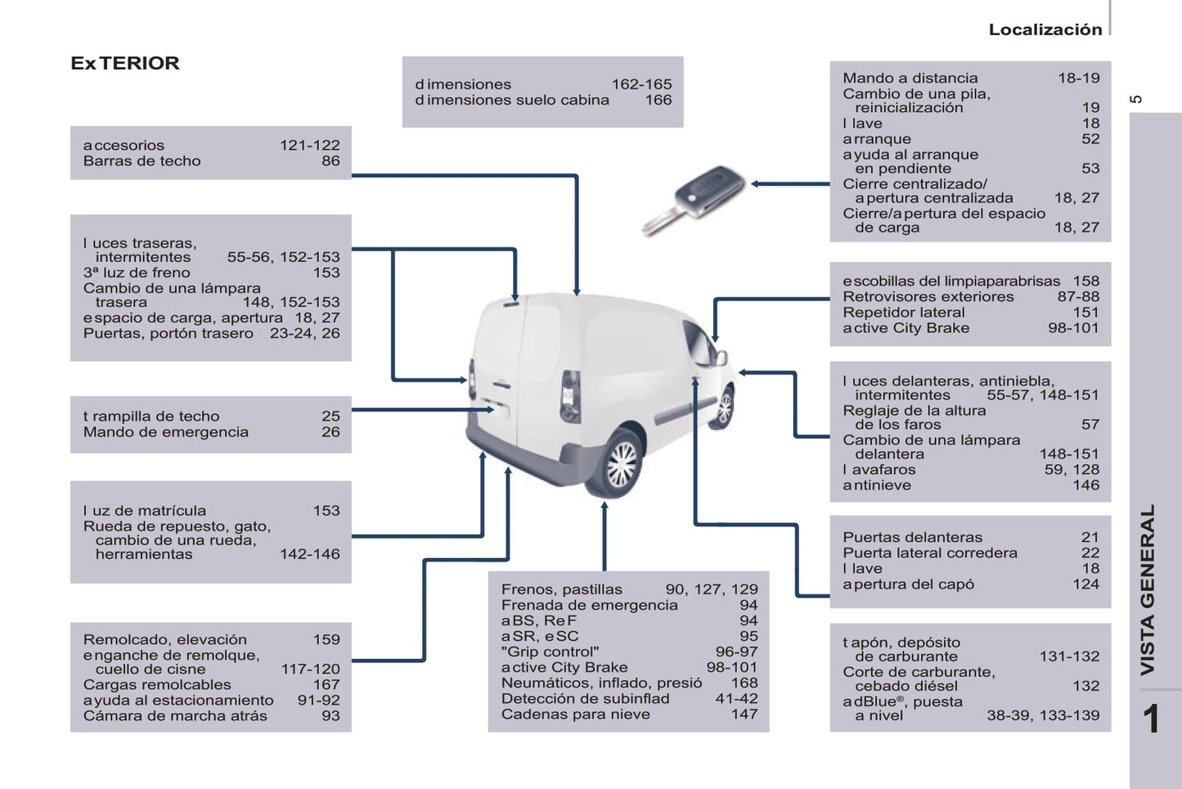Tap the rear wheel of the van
(x=621, y=464)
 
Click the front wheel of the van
(x=723, y=407)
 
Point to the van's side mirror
(x=721, y=356)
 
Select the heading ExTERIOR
(x=125, y=63)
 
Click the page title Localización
(x=1045, y=29)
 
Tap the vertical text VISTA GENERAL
(x=1148, y=589)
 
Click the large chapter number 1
(x=1150, y=719)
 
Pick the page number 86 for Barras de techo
(x=330, y=161)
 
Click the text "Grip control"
(x=550, y=651)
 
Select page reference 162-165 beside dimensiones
(x=641, y=84)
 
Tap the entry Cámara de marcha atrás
(x=175, y=715)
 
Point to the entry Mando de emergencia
(x=165, y=431)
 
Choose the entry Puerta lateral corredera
(x=930, y=552)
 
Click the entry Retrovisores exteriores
(x=928, y=296)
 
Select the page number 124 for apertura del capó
(x=1085, y=584)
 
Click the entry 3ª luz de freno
(x=136, y=273)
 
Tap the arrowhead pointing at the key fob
(x=757, y=183)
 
